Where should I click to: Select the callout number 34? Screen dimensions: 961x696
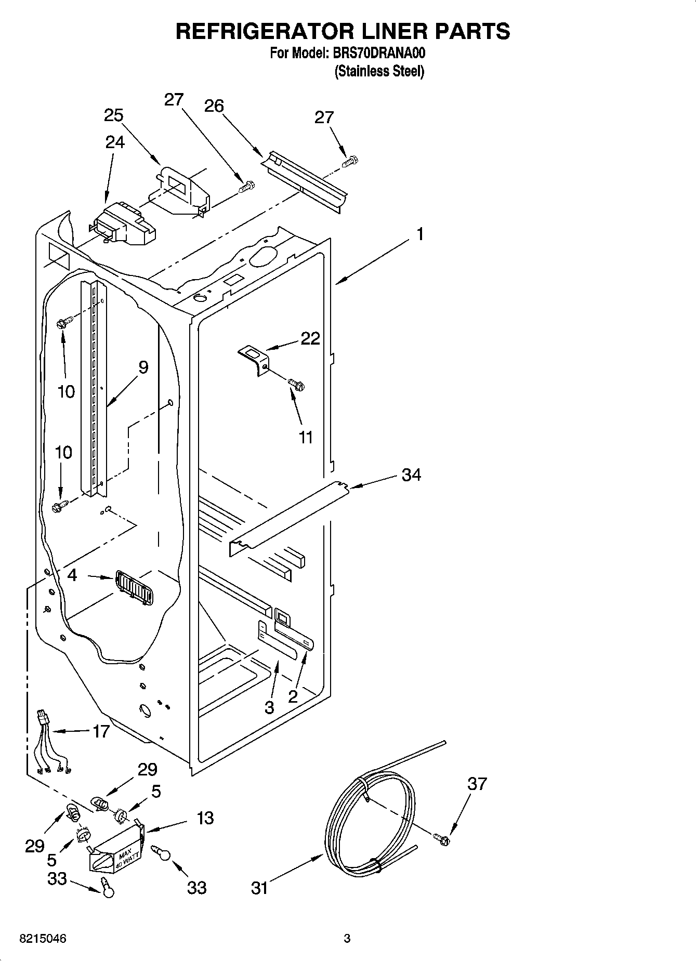tap(411, 475)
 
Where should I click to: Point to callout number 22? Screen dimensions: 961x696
tap(310, 338)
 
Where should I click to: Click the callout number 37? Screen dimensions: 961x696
tap(477, 783)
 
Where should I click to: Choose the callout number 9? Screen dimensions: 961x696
tap(143, 367)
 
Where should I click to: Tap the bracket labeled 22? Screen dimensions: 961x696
tap(254, 359)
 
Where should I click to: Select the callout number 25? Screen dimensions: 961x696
tap(113, 115)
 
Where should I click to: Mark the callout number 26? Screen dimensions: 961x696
tap(214, 106)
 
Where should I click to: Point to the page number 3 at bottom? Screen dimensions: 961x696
tap(347, 939)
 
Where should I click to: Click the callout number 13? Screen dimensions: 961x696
tap(205, 818)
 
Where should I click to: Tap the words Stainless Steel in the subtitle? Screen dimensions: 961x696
tap(379, 71)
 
